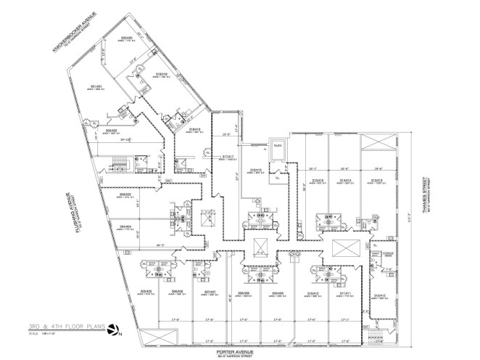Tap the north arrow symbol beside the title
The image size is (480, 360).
click(113, 331)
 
